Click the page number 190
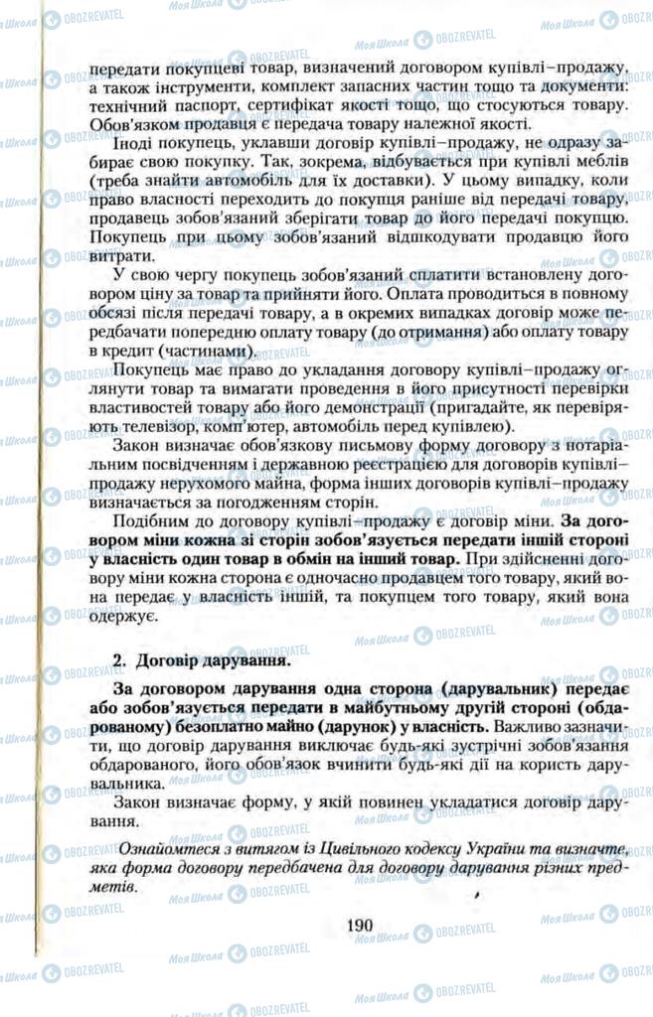click(x=359, y=925)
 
